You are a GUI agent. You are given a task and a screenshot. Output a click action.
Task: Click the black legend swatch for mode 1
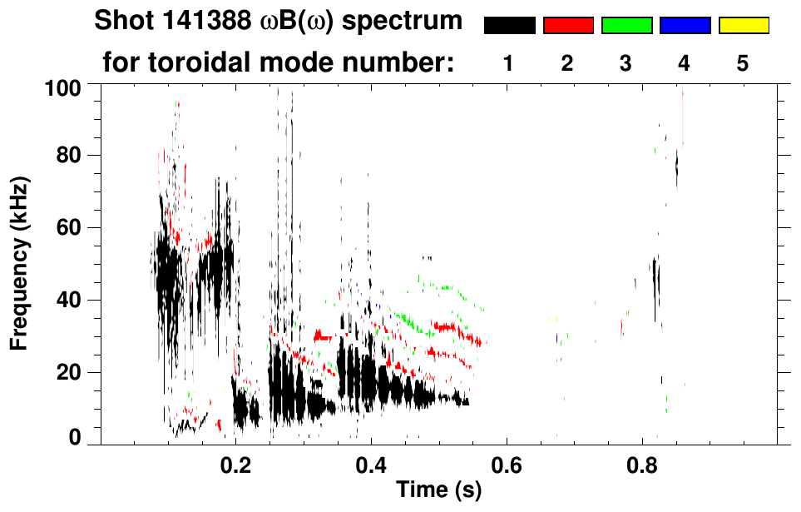point(509,26)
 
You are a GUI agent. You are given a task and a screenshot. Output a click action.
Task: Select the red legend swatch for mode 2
point(568,26)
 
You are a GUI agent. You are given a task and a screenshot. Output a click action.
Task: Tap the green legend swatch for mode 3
point(626,26)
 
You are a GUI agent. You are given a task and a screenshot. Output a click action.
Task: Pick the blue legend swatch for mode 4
point(685,26)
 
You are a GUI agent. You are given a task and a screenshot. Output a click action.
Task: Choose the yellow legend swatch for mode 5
point(744,26)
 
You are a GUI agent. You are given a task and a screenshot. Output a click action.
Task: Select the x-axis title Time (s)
point(438,490)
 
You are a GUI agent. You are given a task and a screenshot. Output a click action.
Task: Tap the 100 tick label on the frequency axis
point(62,87)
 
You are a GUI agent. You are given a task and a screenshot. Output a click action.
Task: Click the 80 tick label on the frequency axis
point(67,156)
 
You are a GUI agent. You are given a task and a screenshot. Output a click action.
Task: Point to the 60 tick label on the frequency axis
point(67,228)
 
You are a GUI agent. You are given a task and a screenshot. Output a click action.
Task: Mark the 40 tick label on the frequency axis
point(67,301)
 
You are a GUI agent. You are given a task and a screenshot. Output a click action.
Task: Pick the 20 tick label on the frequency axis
point(67,373)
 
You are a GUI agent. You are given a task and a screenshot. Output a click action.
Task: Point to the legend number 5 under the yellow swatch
point(743,63)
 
